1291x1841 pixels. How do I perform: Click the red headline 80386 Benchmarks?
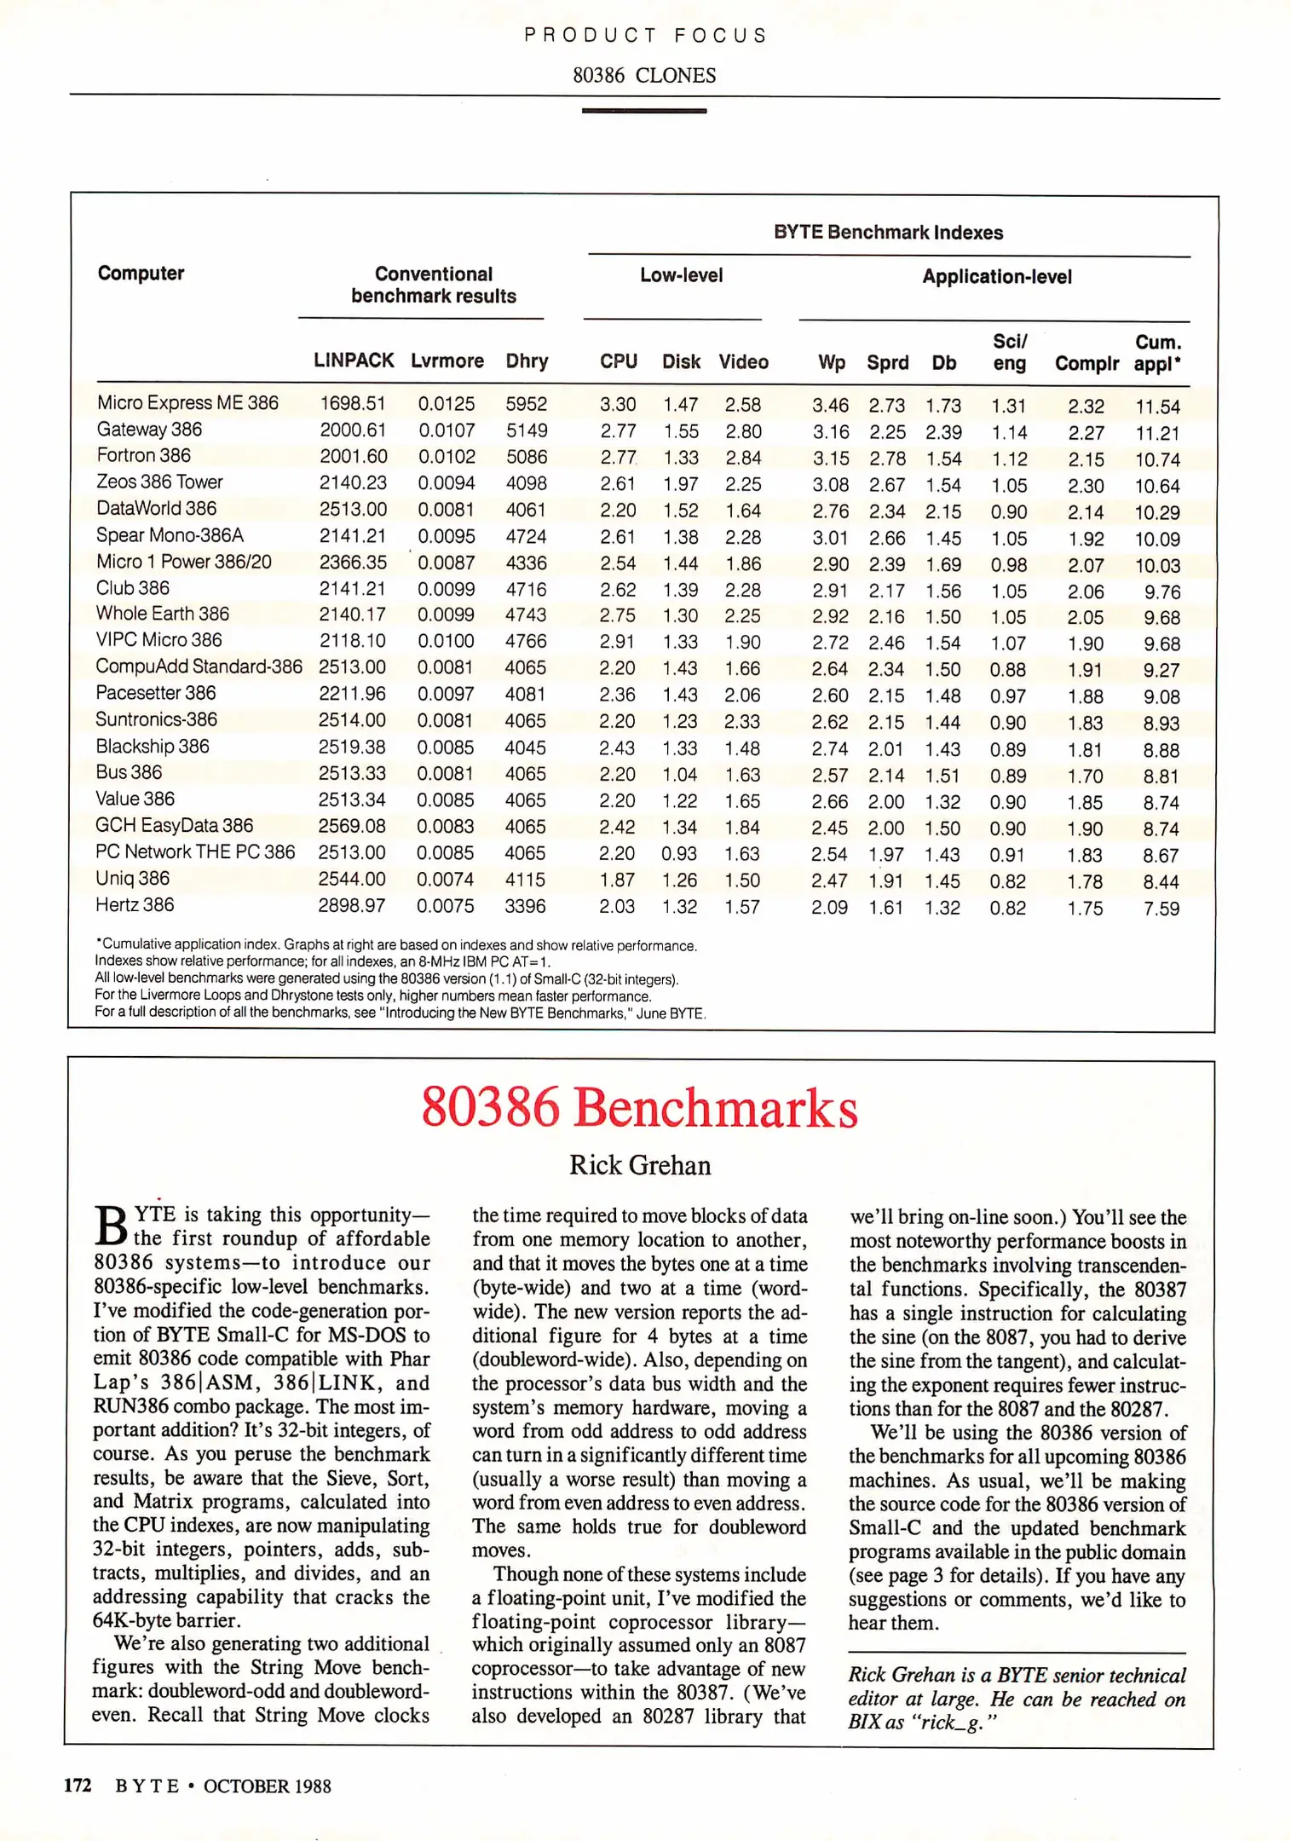[x=639, y=1107]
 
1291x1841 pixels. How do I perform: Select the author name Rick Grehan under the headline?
[x=639, y=1165]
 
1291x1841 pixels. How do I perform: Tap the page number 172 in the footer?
[x=78, y=1786]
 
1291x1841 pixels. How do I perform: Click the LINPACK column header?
[x=353, y=361]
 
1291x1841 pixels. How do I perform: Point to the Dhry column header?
[x=527, y=361]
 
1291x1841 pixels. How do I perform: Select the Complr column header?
[x=1086, y=364]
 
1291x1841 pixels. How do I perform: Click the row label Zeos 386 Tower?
[x=159, y=482]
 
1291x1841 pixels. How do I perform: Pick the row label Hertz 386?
[x=135, y=905]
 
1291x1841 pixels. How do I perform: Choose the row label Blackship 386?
[x=153, y=747]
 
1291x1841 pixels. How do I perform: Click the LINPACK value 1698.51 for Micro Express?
[x=353, y=404]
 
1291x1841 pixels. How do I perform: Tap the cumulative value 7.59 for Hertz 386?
[x=1161, y=909]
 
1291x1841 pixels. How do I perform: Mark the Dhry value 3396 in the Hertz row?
[x=525, y=906]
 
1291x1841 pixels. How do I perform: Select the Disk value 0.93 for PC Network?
[x=679, y=854]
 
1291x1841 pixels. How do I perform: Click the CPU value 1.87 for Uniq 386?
[x=617, y=880]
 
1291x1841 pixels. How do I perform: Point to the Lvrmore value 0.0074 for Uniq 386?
[x=445, y=880]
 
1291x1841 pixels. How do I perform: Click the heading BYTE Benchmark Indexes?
[x=888, y=233]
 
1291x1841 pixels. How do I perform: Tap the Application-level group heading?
[x=996, y=277]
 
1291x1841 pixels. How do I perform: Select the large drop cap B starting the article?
[x=111, y=1227]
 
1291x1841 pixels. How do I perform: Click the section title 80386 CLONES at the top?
[x=644, y=76]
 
